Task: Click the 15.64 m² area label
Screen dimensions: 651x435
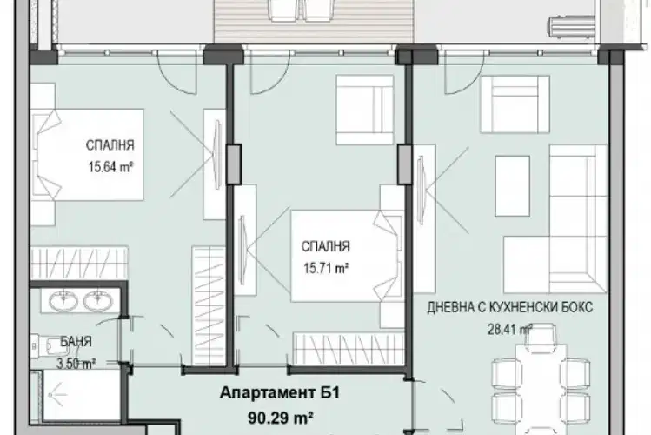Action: [110, 167]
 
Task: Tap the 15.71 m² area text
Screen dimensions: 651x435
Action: [326, 269]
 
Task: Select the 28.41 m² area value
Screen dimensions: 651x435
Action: [510, 330]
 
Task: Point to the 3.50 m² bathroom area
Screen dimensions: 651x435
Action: [76, 364]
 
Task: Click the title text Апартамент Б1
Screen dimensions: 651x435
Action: [280, 392]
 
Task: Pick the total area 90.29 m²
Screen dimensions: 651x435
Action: [281, 418]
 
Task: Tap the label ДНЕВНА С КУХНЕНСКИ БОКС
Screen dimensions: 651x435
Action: [510, 307]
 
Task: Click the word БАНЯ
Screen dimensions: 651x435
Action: [76, 342]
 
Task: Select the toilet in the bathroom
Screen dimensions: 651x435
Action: [46, 345]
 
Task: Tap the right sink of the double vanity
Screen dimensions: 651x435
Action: [98, 300]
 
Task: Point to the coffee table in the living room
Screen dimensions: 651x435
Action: [512, 185]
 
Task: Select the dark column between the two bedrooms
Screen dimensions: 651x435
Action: [234, 164]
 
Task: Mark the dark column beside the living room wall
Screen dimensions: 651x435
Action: [405, 164]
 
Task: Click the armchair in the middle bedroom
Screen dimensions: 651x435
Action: [364, 110]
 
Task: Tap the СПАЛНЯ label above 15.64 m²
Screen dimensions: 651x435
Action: [110, 145]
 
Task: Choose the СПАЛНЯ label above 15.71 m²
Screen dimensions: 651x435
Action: [326, 246]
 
